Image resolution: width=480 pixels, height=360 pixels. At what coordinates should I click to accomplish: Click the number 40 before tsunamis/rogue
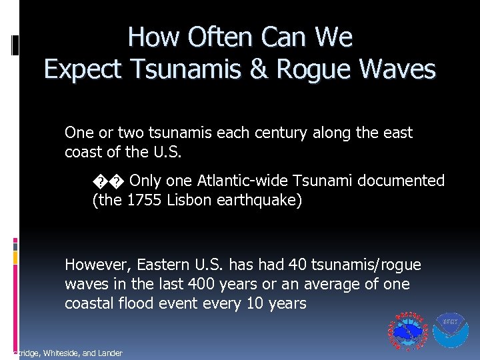[x=299, y=265]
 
